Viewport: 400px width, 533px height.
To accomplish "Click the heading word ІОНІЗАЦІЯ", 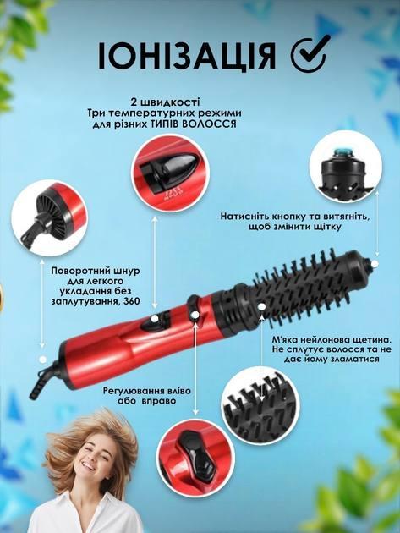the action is [187, 56].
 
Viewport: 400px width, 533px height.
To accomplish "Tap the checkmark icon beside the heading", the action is [311, 54].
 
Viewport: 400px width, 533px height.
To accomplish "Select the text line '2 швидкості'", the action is [165, 102].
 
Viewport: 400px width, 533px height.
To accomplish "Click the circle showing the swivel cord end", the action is [49, 218].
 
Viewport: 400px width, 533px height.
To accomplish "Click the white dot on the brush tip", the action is [375, 264].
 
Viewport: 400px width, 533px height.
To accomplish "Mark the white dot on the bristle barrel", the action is [261, 306].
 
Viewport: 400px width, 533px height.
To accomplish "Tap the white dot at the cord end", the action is [42, 359].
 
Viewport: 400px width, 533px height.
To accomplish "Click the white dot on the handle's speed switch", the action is [155, 318].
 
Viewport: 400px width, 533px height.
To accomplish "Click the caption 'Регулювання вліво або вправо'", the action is [147, 396].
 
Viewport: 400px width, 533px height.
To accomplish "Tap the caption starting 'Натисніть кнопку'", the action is [293, 222].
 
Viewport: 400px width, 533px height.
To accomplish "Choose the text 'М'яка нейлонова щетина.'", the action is [332, 339].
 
